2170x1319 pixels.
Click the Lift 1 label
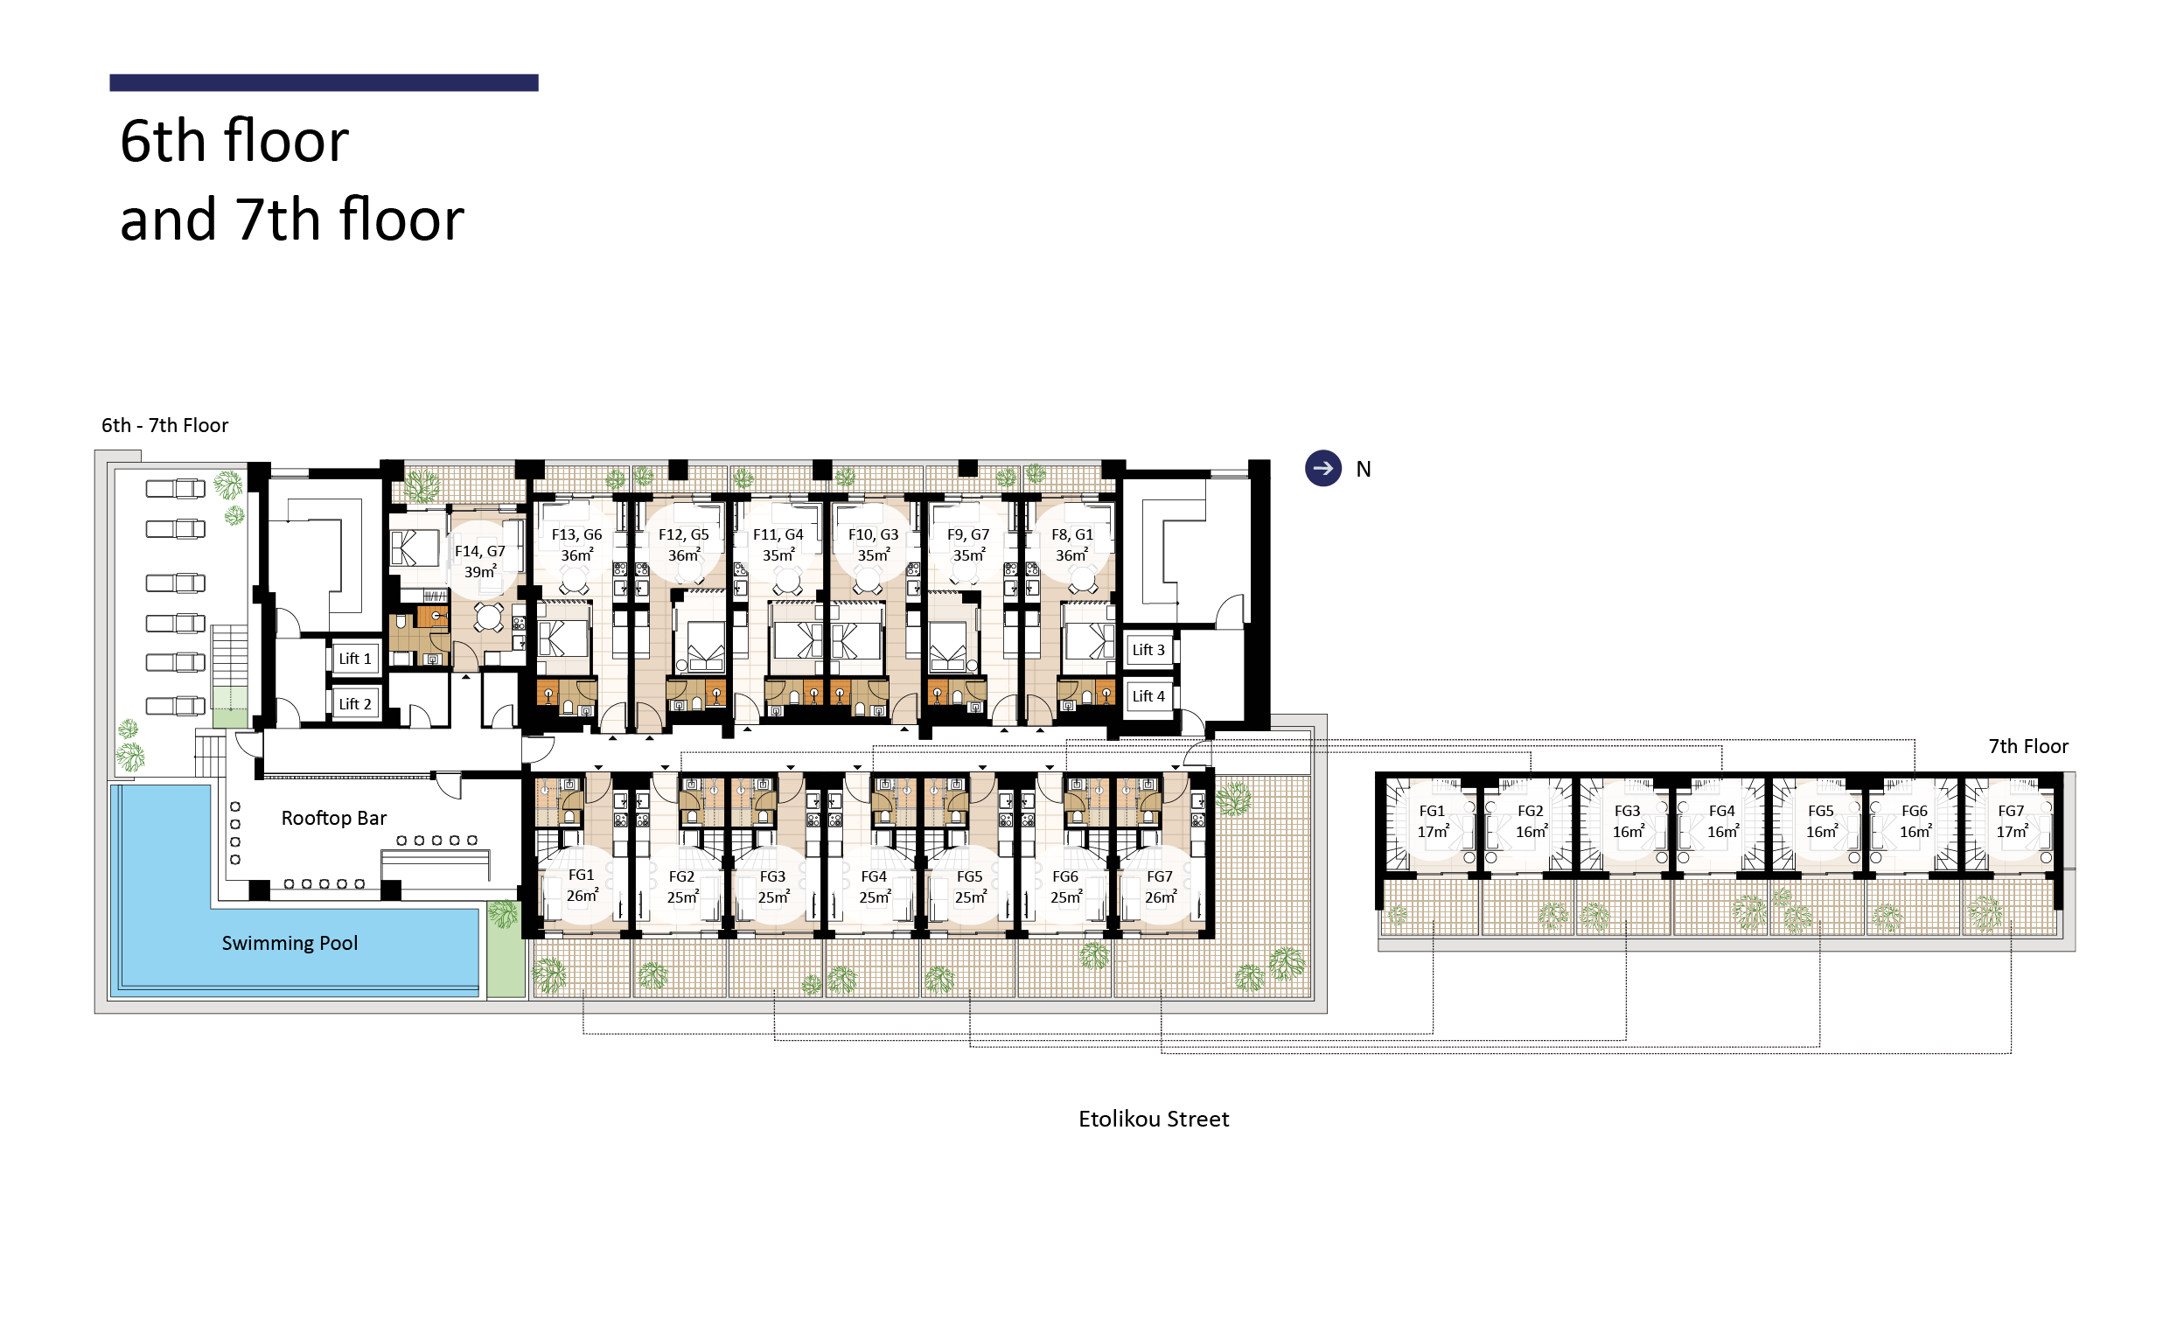pyautogui.click(x=355, y=659)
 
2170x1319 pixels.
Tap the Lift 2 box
pyautogui.click(x=355, y=704)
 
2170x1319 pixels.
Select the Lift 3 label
pyautogui.click(x=1148, y=650)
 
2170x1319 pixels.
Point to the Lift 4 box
pyautogui.click(x=1148, y=696)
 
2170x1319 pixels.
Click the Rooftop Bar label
pyautogui.click(x=334, y=818)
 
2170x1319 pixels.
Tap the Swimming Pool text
pyautogui.click(x=290, y=944)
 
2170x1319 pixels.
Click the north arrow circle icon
pyautogui.click(x=1322, y=469)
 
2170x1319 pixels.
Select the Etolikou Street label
pyautogui.click(x=1154, y=1119)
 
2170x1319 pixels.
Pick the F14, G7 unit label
pyautogui.click(x=480, y=551)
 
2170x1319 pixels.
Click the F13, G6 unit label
pyautogui.click(x=577, y=534)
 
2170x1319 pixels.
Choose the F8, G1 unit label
pyautogui.click(x=1071, y=534)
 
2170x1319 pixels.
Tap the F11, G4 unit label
pyautogui.click(x=778, y=534)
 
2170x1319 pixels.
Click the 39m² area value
pyautogui.click(x=481, y=571)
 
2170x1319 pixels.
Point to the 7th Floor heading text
pyautogui.click(x=2028, y=747)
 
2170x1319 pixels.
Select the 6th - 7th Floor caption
pyautogui.click(x=164, y=425)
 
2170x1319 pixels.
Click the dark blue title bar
pyautogui.click(x=324, y=83)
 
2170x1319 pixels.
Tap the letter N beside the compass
pyautogui.click(x=1364, y=470)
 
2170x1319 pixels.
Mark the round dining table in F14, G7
pyautogui.click(x=489, y=618)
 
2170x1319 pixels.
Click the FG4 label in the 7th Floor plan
pyautogui.click(x=1721, y=811)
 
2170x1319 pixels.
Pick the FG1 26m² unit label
pyautogui.click(x=582, y=885)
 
